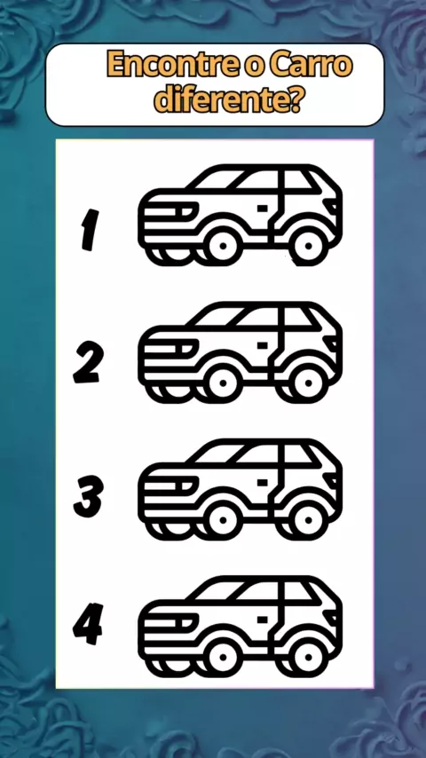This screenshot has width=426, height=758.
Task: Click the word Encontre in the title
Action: coord(171,65)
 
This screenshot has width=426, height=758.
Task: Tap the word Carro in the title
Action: coord(311,65)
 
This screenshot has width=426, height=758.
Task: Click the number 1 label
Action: coord(90,230)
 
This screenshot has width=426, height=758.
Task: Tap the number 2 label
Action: coord(89,362)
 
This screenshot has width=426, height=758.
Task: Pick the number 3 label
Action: coord(88,496)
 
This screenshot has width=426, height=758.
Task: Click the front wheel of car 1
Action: coord(223,246)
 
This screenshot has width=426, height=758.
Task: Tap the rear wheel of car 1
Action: coord(308,246)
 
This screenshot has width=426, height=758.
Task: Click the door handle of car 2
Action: coord(263,344)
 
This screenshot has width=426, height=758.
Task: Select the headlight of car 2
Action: coord(185,347)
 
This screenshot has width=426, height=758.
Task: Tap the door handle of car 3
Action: coord(263,482)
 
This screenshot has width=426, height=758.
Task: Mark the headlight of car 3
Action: coord(185,485)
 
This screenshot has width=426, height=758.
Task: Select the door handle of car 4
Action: coord(263,619)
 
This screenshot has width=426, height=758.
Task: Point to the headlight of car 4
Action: coord(185,621)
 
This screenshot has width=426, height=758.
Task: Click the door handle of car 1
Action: coord(263,208)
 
